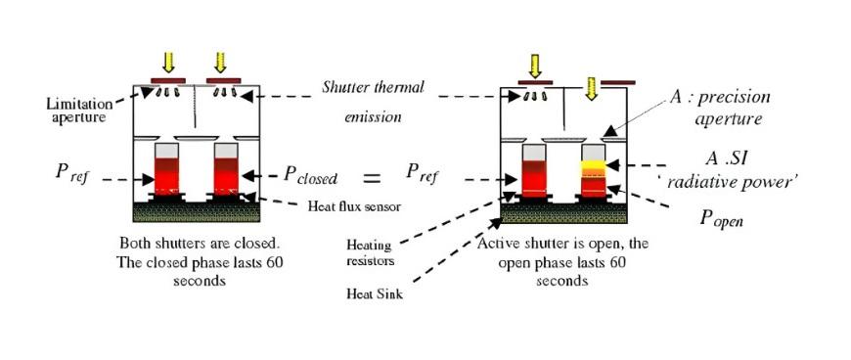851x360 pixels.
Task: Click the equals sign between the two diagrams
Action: pyautogui.click(x=373, y=179)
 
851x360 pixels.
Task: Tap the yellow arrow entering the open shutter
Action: pyautogui.click(x=591, y=90)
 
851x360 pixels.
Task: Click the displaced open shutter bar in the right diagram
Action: pyautogui.click(x=618, y=81)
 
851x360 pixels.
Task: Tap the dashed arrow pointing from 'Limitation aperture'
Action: pyautogui.click(x=125, y=96)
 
